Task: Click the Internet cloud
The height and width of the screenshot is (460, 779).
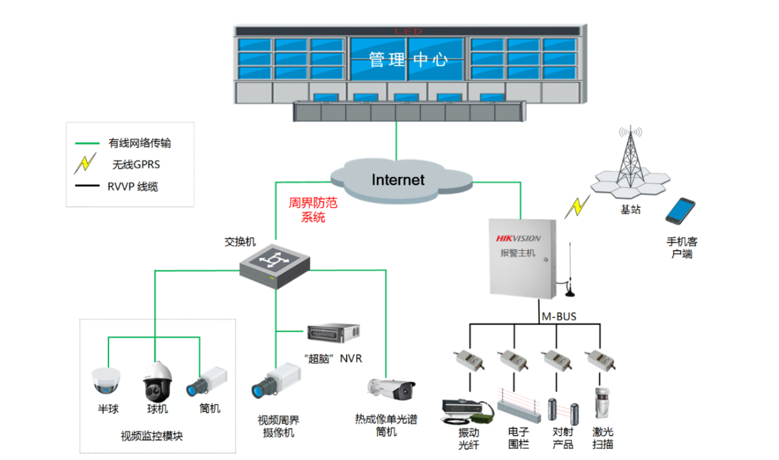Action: click(x=398, y=179)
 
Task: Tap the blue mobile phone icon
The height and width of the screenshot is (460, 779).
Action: click(x=680, y=211)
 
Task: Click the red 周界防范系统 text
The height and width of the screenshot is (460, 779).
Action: click(x=313, y=210)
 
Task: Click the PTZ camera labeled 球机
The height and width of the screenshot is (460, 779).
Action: click(x=156, y=381)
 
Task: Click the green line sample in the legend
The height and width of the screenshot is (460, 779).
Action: click(x=87, y=143)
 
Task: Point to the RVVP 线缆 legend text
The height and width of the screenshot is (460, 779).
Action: click(x=133, y=187)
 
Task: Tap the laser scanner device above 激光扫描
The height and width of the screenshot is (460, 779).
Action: click(x=601, y=404)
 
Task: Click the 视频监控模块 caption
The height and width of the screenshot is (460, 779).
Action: click(x=152, y=436)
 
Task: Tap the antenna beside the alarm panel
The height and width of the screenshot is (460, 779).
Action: click(x=569, y=269)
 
